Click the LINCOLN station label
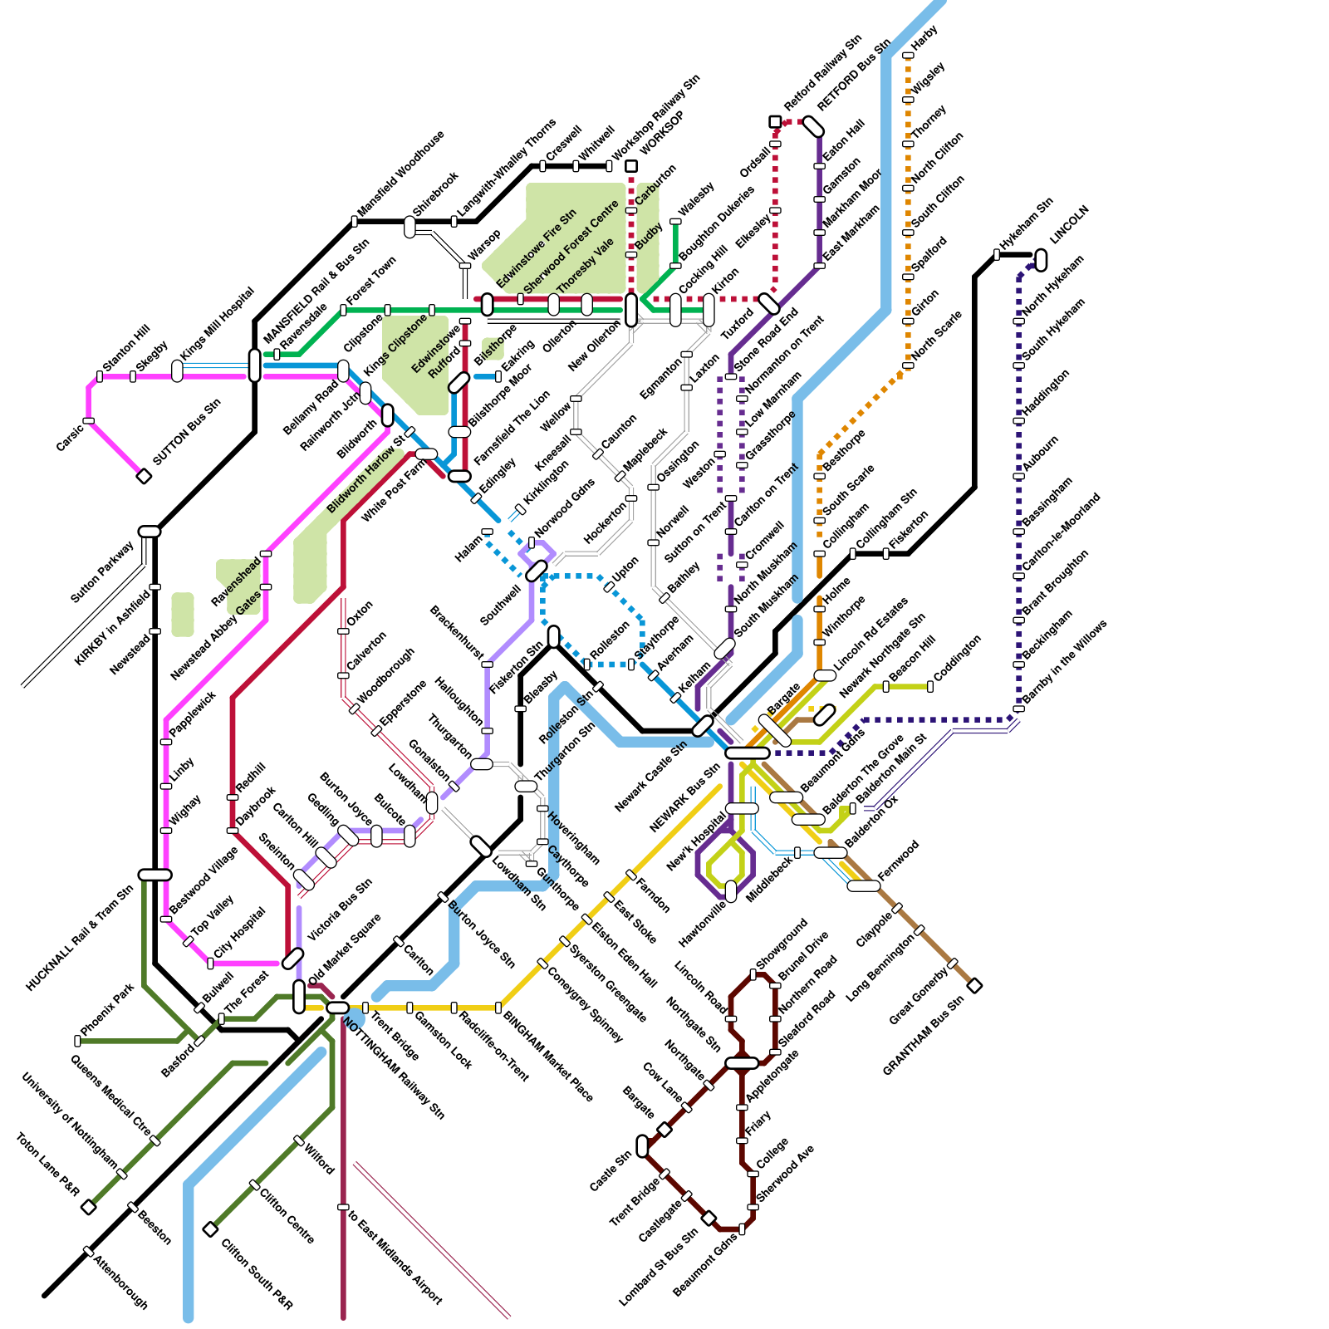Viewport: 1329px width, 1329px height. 1069,225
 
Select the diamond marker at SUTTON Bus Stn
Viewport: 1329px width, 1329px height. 144,476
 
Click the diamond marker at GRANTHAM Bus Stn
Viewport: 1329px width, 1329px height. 975,986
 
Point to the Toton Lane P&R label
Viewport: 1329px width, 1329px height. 47,1165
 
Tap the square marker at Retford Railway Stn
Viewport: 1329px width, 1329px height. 775,122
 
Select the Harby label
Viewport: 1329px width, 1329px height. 924,37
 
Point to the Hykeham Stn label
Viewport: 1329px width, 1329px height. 1027,224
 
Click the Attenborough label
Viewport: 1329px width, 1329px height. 120,1282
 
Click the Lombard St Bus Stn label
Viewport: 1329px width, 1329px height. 659,1267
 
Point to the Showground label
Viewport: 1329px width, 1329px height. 782,943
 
